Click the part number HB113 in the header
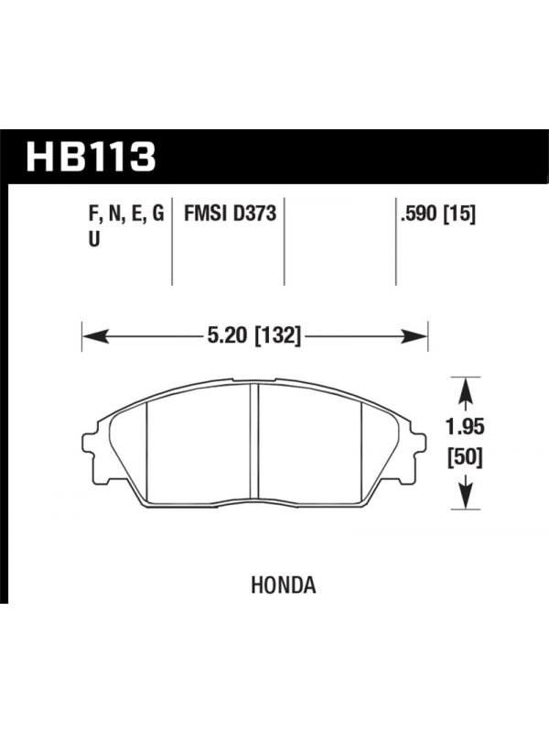click(91, 157)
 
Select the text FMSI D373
click(231, 214)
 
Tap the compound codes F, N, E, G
click(126, 215)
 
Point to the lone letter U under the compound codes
click(94, 239)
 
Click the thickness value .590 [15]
click(437, 214)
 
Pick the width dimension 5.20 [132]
click(253, 335)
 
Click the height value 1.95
click(465, 427)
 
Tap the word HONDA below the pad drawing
click(284, 585)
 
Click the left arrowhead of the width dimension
click(95, 336)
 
